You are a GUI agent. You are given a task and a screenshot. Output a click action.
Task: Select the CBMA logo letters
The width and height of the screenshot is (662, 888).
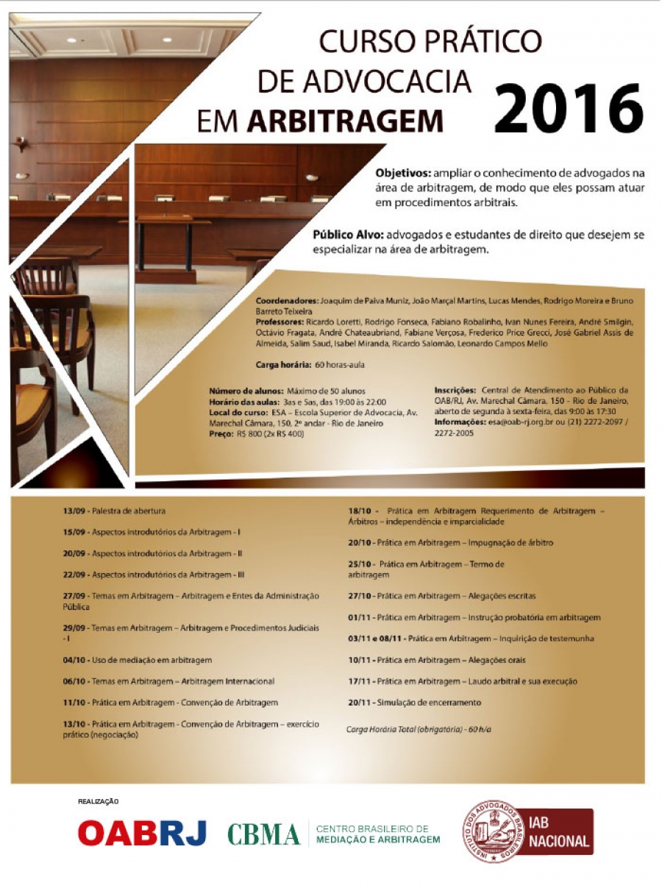263,834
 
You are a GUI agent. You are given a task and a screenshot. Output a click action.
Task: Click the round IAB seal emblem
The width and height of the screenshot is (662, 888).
492,831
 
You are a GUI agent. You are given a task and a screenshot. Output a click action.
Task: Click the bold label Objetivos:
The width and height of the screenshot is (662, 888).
402,174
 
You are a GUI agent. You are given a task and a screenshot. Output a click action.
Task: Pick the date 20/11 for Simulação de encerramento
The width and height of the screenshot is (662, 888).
360,703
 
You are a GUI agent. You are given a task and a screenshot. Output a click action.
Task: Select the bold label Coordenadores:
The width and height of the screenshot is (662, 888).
287,301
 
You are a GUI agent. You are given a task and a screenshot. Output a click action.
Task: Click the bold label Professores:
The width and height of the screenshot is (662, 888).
281,322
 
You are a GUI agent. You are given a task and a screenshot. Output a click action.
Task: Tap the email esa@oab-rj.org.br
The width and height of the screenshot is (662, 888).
519,422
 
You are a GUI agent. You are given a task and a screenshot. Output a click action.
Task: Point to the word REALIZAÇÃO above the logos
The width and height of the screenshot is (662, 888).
99,801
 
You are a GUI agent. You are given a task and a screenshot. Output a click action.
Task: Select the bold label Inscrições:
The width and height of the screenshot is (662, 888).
455,390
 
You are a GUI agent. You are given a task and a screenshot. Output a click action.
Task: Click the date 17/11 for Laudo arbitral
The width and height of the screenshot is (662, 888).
360,681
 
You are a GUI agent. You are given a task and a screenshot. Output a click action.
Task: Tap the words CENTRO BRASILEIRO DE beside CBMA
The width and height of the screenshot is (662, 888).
371,828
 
